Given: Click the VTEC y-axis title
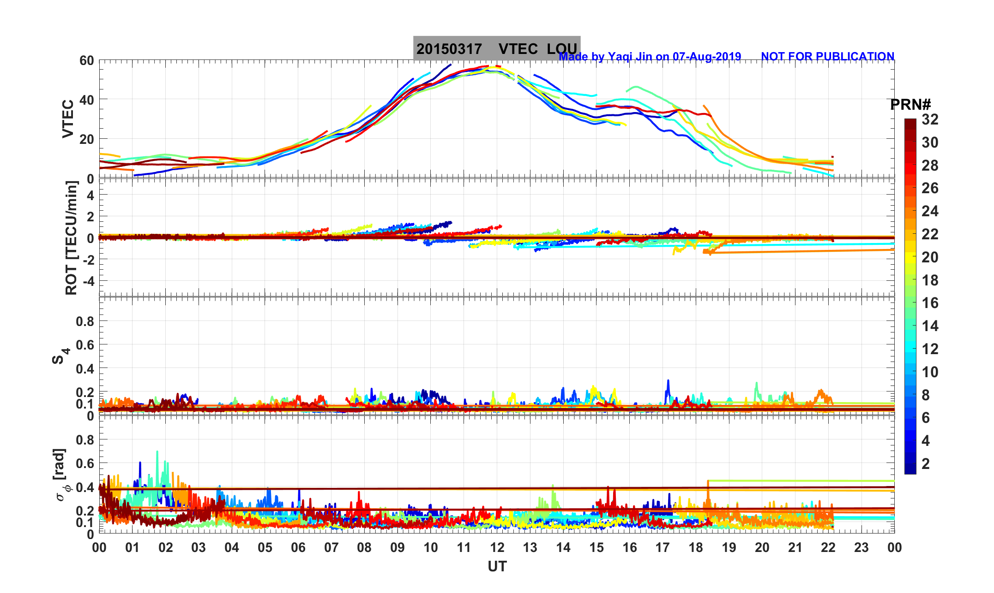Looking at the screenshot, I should (68, 119).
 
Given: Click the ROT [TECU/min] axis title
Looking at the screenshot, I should (72, 237).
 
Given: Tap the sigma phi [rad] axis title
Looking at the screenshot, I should (62, 474).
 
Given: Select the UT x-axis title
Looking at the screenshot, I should (497, 566).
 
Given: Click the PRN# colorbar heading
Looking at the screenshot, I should (910, 105).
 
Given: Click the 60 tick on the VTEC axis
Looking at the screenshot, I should (86, 60).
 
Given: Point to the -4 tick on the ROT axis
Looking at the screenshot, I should (87, 281).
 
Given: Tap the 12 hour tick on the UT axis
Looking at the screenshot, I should (497, 548).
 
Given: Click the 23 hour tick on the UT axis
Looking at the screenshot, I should (861, 548).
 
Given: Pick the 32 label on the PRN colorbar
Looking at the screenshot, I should (930, 120).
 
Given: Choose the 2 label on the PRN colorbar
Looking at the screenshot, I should (926, 464).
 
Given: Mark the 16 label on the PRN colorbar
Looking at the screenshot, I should (930, 303).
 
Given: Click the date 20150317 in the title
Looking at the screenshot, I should (449, 49).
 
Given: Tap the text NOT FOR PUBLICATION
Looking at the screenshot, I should (827, 57).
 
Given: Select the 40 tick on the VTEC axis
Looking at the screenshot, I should (86, 100).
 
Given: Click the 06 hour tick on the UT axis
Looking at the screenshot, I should (298, 548).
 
